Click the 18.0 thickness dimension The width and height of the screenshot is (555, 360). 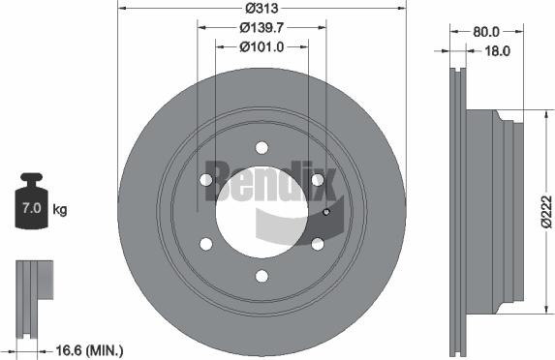(x=496, y=51)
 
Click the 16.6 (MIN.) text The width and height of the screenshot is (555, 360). (x=92, y=350)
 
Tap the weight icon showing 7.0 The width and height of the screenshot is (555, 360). (x=33, y=204)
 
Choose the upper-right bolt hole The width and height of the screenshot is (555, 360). (x=317, y=180)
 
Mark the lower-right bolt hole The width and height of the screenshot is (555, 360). (x=317, y=244)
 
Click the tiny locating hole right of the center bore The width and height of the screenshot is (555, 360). (x=326, y=213)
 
